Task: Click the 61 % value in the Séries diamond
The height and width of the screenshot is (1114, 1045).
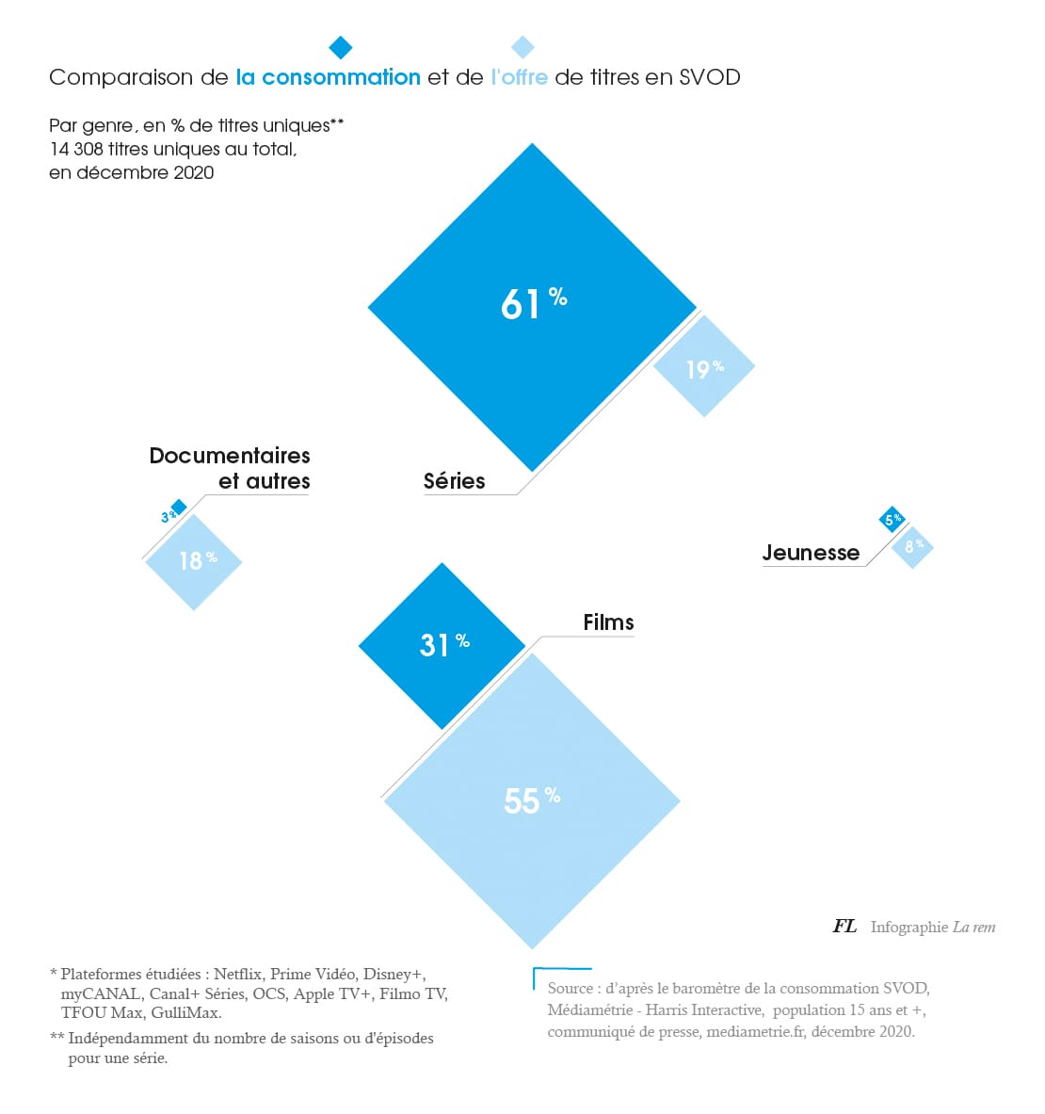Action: point(533,304)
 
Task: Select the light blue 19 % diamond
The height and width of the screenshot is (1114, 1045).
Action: point(704,367)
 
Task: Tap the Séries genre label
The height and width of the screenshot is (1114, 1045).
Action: point(454,481)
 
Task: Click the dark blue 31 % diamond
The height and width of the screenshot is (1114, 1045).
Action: point(442,645)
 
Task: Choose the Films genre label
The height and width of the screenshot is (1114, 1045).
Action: point(608,622)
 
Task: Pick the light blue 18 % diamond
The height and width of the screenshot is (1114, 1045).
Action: point(195,561)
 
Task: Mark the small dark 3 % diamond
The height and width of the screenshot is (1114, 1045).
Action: point(178,508)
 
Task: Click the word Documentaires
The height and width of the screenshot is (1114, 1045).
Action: point(230,456)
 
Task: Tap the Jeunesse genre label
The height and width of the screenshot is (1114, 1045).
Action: point(811,553)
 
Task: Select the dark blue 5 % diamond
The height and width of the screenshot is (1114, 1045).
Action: point(892,519)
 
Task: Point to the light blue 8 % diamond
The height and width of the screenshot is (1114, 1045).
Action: point(912,547)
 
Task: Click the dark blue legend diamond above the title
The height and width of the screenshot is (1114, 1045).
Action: point(341,47)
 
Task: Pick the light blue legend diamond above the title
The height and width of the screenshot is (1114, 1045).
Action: point(522,47)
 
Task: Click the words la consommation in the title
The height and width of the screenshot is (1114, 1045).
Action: point(328,77)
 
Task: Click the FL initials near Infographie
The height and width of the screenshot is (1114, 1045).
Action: point(844,927)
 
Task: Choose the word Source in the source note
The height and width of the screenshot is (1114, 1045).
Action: point(571,988)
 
